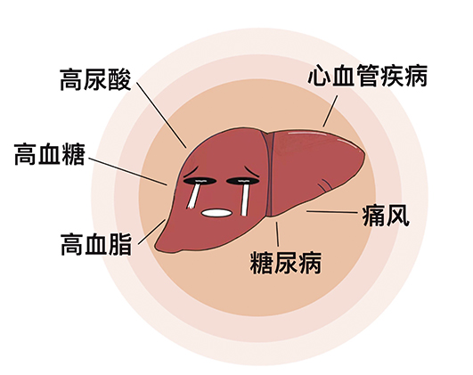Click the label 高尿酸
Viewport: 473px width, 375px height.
point(95,79)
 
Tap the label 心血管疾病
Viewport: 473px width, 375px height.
point(367,76)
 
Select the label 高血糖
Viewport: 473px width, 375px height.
point(50,154)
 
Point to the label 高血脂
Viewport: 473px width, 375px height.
point(96,244)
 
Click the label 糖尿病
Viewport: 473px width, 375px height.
point(286,263)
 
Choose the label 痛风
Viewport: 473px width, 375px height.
point(386,216)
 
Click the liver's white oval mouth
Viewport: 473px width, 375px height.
point(216,213)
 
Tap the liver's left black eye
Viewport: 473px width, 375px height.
point(200,181)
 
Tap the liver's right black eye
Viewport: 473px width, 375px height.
point(243,181)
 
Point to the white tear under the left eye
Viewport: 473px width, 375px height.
point(193,196)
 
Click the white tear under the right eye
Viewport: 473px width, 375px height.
point(245,200)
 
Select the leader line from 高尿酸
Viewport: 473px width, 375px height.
point(161,115)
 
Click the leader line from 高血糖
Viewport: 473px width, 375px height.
point(128,171)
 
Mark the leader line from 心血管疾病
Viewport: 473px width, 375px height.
point(330,111)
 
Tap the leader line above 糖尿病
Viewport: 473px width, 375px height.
point(277,234)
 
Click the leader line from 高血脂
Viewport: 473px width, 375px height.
point(151,232)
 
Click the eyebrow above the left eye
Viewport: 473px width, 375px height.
point(190,172)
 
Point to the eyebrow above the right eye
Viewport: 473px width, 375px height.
point(252,171)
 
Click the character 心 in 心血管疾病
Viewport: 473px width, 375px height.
point(319,76)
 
